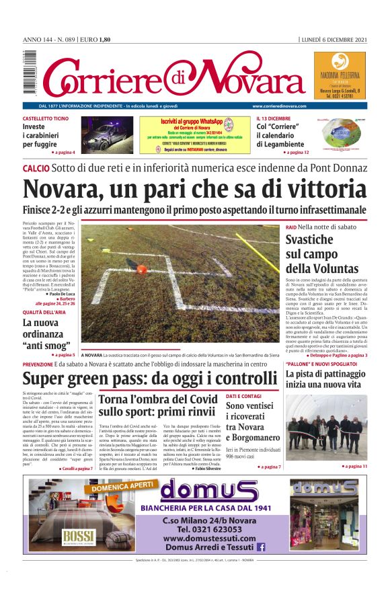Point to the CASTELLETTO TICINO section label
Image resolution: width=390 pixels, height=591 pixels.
(46, 118)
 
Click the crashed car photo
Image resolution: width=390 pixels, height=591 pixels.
(107, 135)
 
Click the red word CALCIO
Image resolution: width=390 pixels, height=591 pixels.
(36, 167)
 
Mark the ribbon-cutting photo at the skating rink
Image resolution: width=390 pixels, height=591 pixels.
(326, 428)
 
